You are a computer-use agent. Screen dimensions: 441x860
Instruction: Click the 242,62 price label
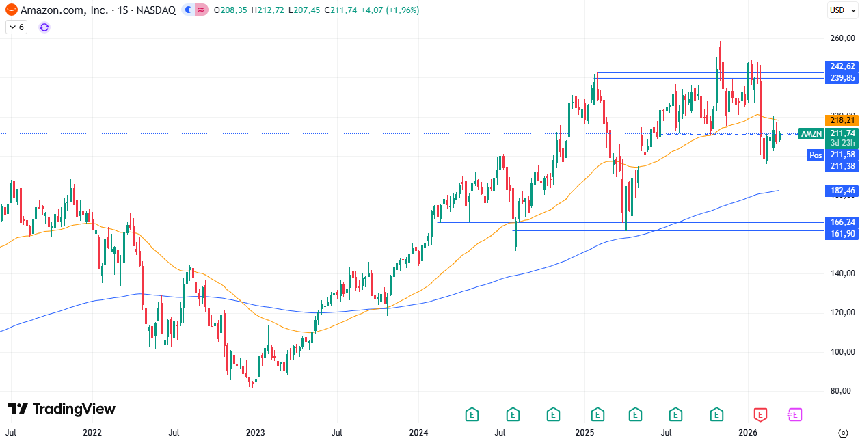[842, 66]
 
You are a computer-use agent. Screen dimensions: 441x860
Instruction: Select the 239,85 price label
[842, 78]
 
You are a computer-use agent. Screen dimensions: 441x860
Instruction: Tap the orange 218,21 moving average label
[842, 120]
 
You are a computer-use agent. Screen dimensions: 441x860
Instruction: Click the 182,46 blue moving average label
[842, 191]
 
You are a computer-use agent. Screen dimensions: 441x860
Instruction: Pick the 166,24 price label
[842, 222]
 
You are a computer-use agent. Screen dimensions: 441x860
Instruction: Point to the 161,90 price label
[842, 234]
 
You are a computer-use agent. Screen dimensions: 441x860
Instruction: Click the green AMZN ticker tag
[811, 134]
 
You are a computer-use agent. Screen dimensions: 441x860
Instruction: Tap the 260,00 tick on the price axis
[842, 38]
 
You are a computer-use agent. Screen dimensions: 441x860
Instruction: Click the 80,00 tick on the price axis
[842, 392]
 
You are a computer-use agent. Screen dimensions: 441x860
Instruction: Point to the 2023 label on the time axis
[255, 433]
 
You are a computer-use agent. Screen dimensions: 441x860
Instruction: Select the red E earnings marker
[760, 414]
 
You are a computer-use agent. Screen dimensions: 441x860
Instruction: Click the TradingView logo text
[61, 409]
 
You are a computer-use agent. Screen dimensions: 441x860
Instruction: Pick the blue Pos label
[815, 155]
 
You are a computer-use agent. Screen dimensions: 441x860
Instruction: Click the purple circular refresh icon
[44, 27]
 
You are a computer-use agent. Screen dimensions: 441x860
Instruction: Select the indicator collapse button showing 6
[16, 27]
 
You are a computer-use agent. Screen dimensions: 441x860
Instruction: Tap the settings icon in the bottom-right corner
[843, 433]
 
